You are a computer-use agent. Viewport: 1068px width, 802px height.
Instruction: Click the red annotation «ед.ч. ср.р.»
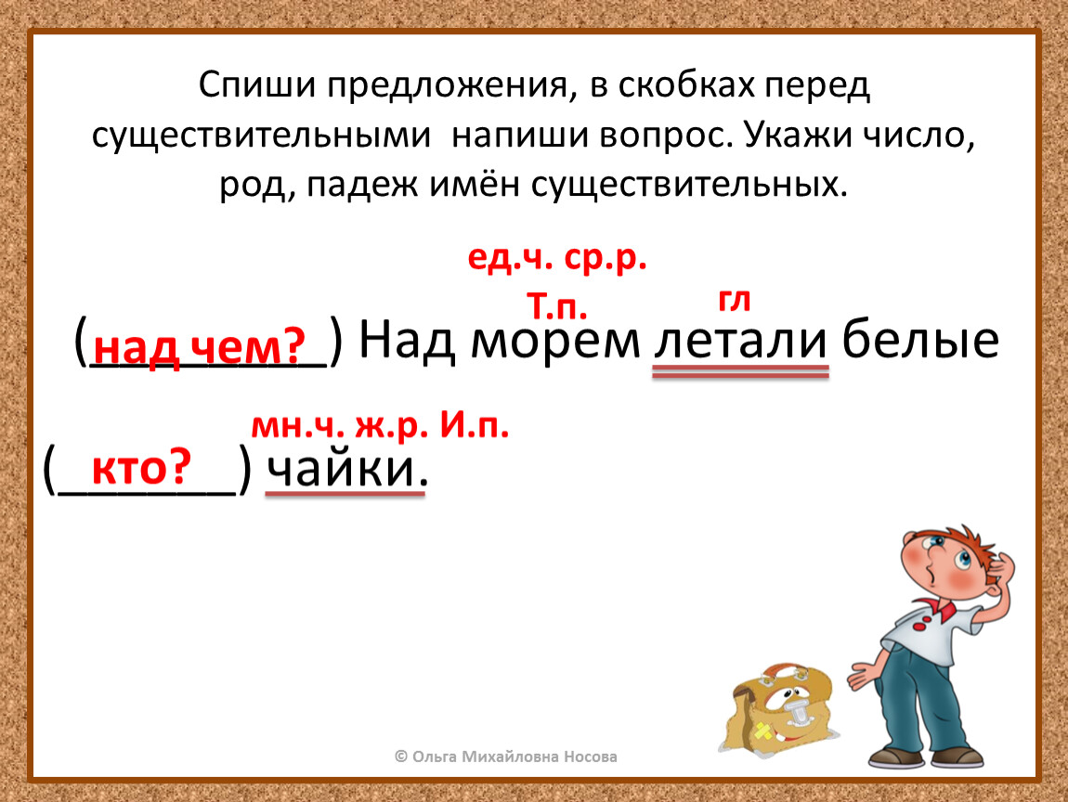pos(557,259)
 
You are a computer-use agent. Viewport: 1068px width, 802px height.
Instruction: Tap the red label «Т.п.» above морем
pos(556,307)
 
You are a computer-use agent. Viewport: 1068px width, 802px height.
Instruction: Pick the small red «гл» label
pos(734,302)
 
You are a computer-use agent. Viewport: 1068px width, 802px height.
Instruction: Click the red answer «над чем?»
pos(200,346)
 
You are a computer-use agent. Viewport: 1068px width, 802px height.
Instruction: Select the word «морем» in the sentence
pos(555,341)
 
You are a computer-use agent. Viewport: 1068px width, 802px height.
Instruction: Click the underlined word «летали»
pos(740,340)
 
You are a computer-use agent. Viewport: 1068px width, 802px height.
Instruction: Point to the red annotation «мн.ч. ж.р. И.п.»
pos(380,426)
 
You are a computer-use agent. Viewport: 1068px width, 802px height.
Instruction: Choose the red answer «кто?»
pos(142,468)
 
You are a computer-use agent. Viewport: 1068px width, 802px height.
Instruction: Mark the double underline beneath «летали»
pos(740,371)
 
